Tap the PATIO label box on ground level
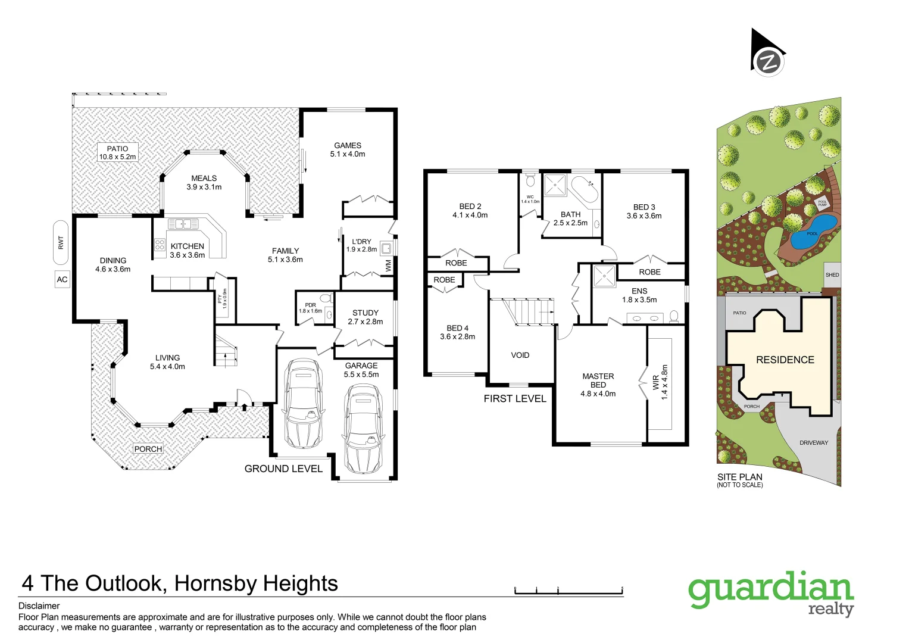117,152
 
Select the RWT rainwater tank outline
61,242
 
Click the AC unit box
62,279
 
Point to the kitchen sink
183,224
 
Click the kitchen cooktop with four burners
160,245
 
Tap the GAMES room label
348,149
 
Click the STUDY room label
365,317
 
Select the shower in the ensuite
604,276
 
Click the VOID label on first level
520,355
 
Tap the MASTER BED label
598,385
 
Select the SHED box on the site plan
832,274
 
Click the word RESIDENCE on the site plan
785,360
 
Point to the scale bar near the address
568,591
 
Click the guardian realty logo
771,593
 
